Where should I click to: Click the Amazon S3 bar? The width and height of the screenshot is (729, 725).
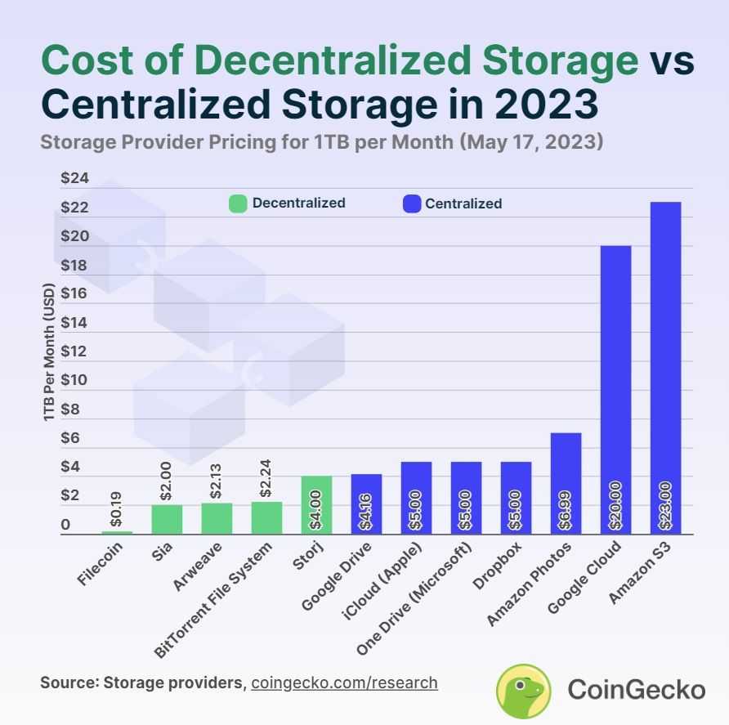665,368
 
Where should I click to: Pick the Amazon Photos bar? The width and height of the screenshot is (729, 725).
566,483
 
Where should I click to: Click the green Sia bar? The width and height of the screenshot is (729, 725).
166,519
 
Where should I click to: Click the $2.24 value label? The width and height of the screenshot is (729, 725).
266,480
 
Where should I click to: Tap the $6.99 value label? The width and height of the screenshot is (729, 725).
566,508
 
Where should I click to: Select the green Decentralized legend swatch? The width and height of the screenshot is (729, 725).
238,204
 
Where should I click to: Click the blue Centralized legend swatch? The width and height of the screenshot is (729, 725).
412,204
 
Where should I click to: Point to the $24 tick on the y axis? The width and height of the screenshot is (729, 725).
75,179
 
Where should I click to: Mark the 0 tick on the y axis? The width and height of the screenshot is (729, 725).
65,525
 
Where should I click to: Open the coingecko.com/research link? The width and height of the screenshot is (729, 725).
344,682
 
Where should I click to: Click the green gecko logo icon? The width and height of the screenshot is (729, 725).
524,689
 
